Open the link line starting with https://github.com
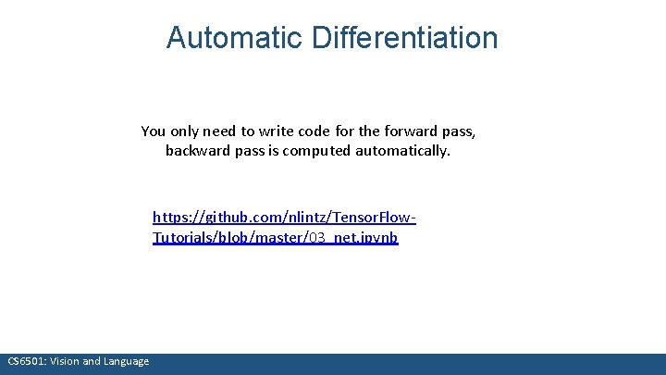[284, 218]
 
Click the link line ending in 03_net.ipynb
[275, 238]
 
